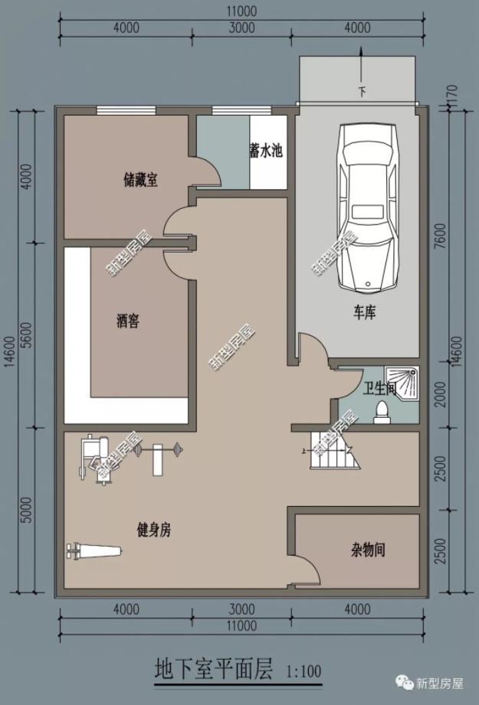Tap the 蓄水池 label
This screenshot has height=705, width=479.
coord(266,151)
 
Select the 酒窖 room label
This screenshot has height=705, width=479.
coord(128,321)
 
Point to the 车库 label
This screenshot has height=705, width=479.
coord(364,313)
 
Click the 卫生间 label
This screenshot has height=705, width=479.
coord(379,388)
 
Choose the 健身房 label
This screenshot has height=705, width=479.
coord(153,529)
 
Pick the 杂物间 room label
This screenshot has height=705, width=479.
coord(368,549)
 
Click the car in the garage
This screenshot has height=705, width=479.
coord(368,207)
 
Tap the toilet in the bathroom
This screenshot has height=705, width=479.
coord(381,413)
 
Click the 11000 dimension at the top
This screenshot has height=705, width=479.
coord(241,11)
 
